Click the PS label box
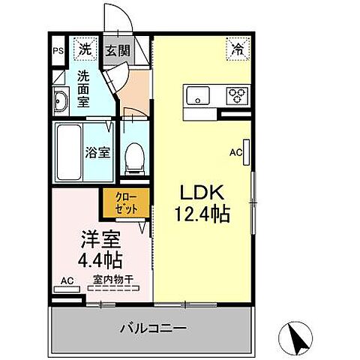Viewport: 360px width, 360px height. coord(58,52)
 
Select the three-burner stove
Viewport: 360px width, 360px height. coord(238,94)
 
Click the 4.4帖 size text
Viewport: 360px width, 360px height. coord(100,261)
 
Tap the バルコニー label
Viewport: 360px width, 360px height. coord(153,328)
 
